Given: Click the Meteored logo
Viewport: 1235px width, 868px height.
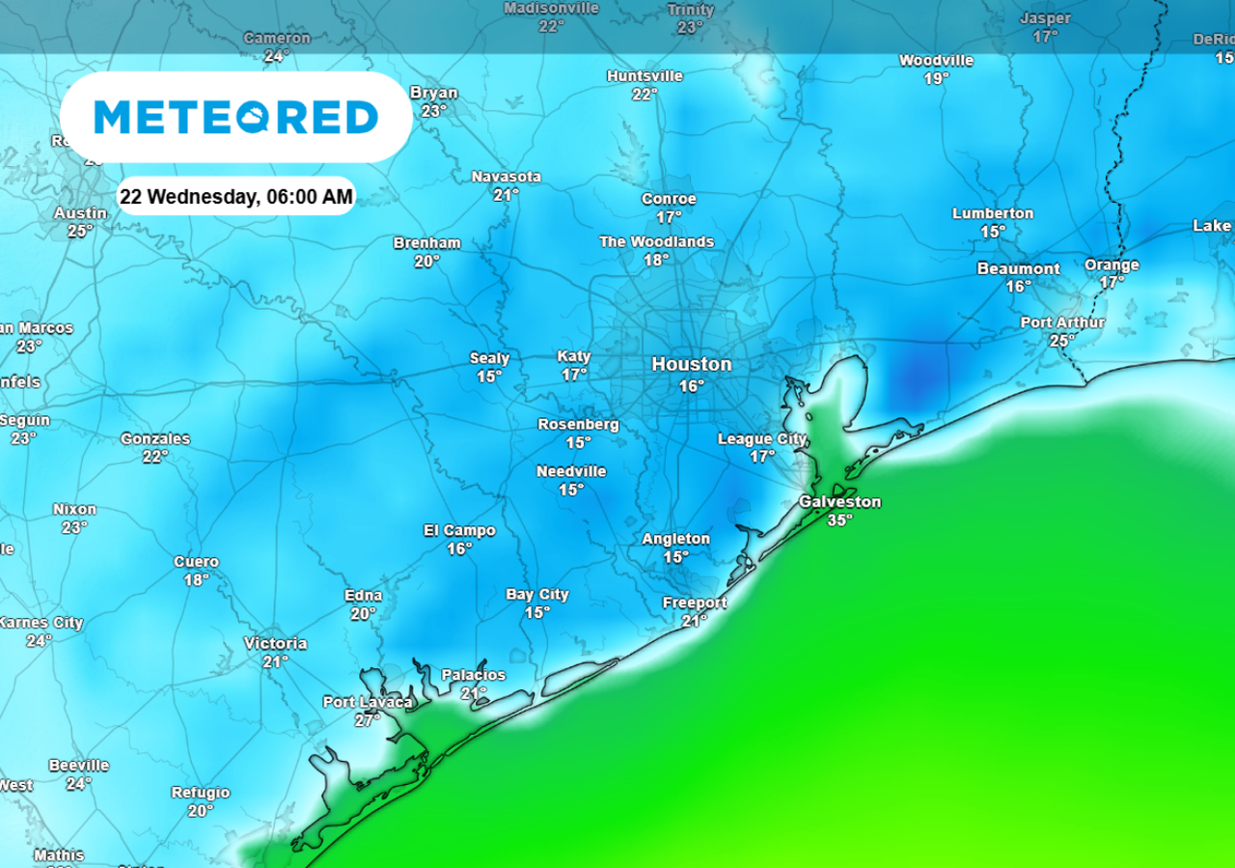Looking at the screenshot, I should click(x=235, y=117).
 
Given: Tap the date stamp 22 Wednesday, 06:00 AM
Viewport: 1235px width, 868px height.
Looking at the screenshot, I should click(x=236, y=197).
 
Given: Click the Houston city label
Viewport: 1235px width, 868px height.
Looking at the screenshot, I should click(x=691, y=364).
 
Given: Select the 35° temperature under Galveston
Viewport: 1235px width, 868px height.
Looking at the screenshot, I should click(x=839, y=519).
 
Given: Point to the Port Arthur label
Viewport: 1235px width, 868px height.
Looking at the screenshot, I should click(x=1062, y=322).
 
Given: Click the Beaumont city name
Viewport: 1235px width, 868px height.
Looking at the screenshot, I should click(x=1018, y=268).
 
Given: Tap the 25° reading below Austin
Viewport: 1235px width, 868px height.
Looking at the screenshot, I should click(x=80, y=231).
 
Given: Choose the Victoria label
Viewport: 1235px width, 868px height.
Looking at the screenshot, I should click(x=275, y=643).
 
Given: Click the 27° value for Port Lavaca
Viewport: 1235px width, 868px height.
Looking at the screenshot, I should click(x=368, y=720).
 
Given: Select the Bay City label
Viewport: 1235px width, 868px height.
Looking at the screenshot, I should click(x=537, y=595).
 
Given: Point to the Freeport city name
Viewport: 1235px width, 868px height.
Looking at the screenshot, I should click(x=695, y=603).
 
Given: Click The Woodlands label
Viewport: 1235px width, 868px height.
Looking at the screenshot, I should click(x=656, y=241).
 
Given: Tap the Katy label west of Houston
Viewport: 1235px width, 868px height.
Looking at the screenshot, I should click(x=574, y=356).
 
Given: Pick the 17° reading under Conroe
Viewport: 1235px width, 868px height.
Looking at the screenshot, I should click(x=669, y=217).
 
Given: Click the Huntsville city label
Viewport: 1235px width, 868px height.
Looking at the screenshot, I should click(x=645, y=75).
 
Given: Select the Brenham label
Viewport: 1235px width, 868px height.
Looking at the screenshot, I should click(x=426, y=242).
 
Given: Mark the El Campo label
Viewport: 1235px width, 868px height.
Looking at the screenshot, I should click(x=459, y=530).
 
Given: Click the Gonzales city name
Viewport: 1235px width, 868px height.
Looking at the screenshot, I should click(x=155, y=438).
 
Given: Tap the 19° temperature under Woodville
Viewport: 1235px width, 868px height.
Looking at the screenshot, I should click(x=936, y=78).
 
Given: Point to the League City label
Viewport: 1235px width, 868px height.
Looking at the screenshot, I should click(x=762, y=439).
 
